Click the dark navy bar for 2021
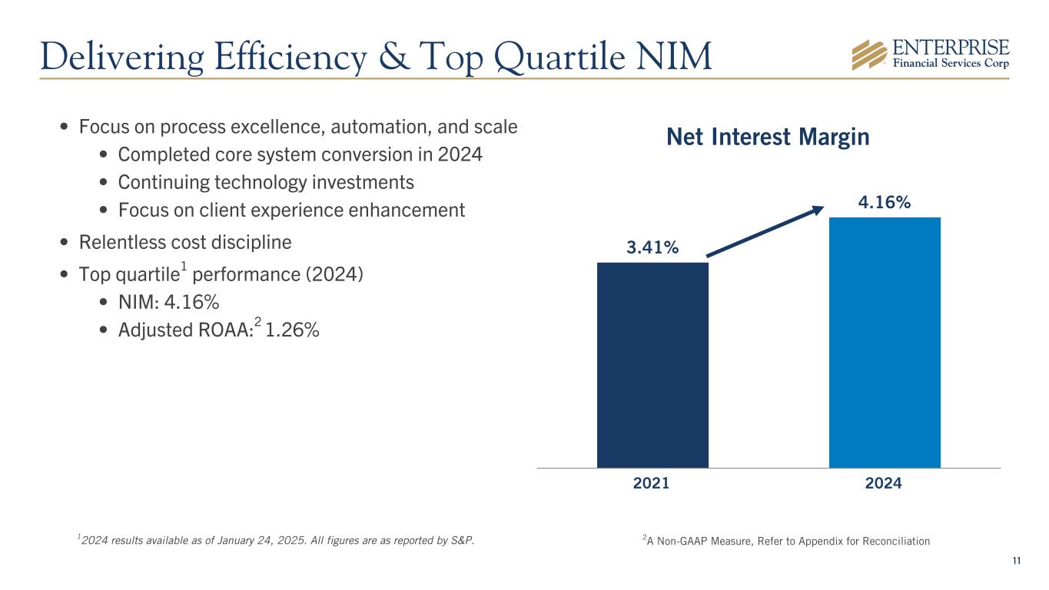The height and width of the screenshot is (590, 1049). (652, 365)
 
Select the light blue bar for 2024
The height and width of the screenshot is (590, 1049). (885, 342)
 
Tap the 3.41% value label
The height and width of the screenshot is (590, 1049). (652, 247)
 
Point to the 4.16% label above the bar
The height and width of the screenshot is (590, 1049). (885, 202)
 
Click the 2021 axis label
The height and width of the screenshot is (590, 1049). (652, 484)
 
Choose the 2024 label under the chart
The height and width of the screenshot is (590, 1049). (884, 484)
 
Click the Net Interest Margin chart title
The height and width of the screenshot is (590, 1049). (768, 138)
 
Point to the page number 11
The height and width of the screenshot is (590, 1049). (1016, 561)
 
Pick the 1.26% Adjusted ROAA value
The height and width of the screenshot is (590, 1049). (292, 330)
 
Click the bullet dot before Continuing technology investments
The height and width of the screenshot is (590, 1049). (105, 184)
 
